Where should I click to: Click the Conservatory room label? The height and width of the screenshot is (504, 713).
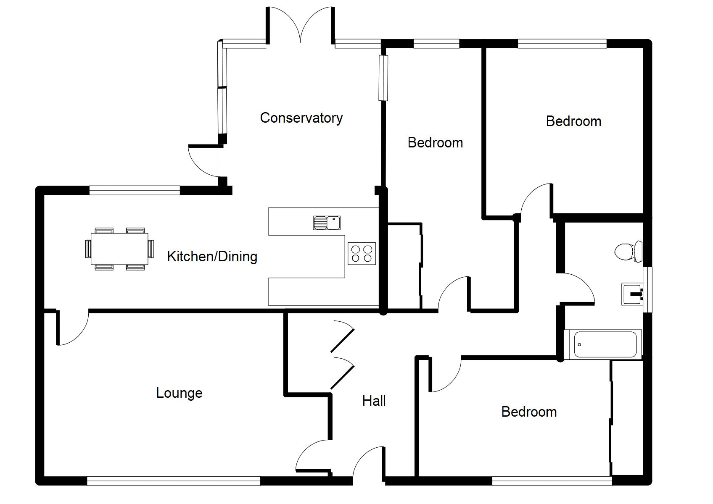301,118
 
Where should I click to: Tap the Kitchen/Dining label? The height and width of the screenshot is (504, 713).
212,256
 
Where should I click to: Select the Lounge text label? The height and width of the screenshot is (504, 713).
179,393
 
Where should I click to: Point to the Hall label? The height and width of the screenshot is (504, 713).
374,401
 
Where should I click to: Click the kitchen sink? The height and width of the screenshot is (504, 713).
327,223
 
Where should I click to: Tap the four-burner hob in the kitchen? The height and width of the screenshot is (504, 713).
362,253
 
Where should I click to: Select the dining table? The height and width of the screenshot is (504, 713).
119,249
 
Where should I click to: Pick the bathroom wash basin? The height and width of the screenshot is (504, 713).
632,294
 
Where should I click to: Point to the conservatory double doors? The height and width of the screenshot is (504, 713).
300,25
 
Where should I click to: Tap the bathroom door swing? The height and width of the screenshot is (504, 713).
578,288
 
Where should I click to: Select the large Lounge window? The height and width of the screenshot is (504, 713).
173,480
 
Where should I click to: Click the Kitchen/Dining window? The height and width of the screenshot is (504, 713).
135,191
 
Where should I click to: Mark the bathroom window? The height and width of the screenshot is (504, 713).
647,290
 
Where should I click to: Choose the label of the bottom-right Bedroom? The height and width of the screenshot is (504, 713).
529,412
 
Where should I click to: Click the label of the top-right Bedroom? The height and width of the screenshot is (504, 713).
573,121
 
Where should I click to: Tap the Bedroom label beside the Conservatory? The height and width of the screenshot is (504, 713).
435,143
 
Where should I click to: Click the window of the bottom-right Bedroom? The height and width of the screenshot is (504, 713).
552,480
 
